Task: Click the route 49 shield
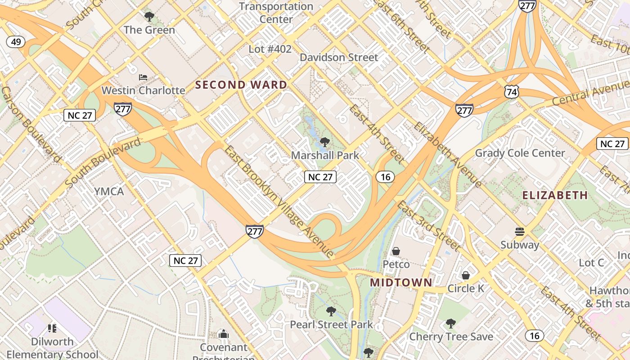pyautogui.click(x=16, y=42)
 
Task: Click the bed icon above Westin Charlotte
pyautogui.click(x=143, y=77)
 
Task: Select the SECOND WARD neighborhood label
pyautogui.click(x=241, y=85)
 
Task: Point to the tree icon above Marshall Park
pyautogui.click(x=324, y=143)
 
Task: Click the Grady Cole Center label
pyautogui.click(x=520, y=153)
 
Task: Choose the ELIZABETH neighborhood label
pyautogui.click(x=555, y=195)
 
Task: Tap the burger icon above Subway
pyautogui.click(x=520, y=232)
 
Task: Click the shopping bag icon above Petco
pyautogui.click(x=396, y=251)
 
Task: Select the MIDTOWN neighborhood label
pyautogui.click(x=401, y=283)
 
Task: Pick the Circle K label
pyautogui.click(x=466, y=288)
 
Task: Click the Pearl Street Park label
pyautogui.click(x=331, y=324)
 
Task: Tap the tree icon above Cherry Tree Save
pyautogui.click(x=450, y=324)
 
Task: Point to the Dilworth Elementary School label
pyautogui.click(x=52, y=348)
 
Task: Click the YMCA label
pyautogui.click(x=108, y=191)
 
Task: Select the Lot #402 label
pyautogui.click(x=270, y=49)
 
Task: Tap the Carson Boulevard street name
pyautogui.click(x=31, y=124)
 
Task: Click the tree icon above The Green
pyautogui.click(x=149, y=17)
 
